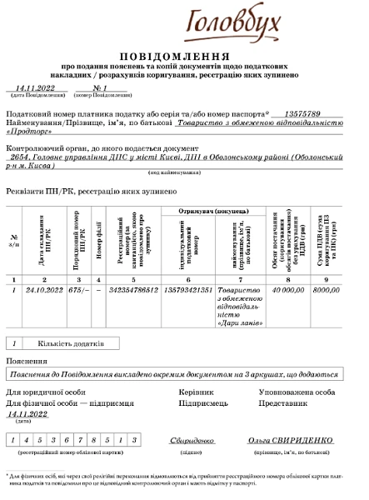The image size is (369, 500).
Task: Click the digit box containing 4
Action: (x=27, y=440)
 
